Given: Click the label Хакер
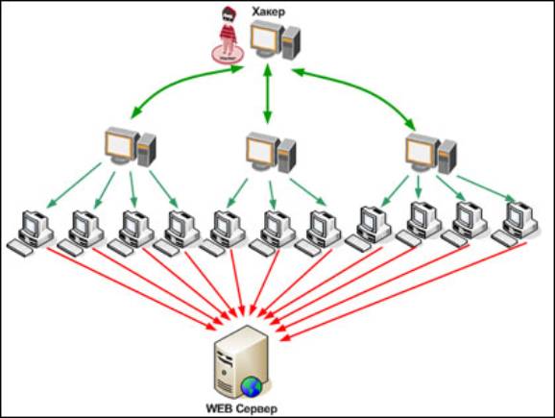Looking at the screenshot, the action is (x=268, y=12).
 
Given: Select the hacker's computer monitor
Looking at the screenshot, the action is (x=266, y=38).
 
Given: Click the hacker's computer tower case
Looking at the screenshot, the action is (x=291, y=42).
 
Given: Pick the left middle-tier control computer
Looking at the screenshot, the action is (x=131, y=146).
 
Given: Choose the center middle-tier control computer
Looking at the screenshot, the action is (x=271, y=152).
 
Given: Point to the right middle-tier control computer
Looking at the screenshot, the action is (x=430, y=153).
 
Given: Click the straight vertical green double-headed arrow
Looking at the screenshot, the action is (x=268, y=93).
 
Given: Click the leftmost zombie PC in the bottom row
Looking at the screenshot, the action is (x=31, y=233).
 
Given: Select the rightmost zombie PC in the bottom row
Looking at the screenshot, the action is (x=515, y=224).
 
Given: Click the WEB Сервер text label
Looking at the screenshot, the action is (x=242, y=408).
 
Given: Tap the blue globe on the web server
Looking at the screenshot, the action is (x=251, y=387).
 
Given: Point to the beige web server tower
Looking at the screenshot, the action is (x=241, y=362).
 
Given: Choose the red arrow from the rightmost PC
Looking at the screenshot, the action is (x=404, y=291).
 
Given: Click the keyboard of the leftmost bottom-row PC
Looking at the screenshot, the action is (x=19, y=247).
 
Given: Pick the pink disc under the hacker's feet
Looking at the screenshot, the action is (x=228, y=54).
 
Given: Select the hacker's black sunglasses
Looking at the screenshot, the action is (x=228, y=15).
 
